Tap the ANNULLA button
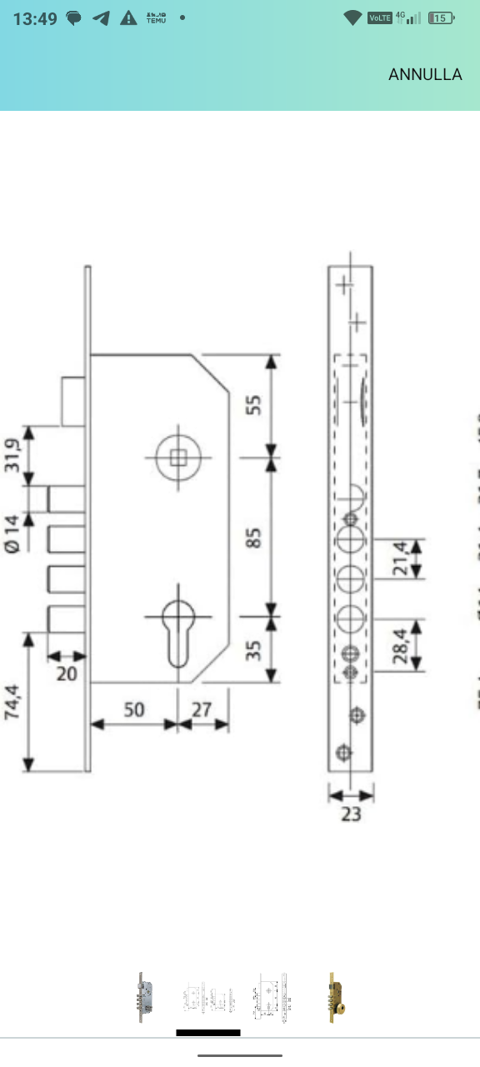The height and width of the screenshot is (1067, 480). click(x=425, y=74)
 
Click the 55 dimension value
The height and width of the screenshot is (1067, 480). click(x=255, y=404)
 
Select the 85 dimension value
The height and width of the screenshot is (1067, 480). click(x=255, y=537)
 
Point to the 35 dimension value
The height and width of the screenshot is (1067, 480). click(x=255, y=649)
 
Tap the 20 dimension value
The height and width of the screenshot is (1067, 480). click(x=66, y=673)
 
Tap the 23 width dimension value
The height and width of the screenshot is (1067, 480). click(x=351, y=813)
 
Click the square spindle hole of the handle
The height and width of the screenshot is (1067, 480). click(x=178, y=457)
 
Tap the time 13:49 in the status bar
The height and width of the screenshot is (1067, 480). click(x=35, y=18)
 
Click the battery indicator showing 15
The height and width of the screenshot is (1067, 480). click(x=441, y=18)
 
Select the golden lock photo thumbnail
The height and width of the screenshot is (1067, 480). click(x=337, y=996)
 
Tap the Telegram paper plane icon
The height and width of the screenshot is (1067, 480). click(x=102, y=18)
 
